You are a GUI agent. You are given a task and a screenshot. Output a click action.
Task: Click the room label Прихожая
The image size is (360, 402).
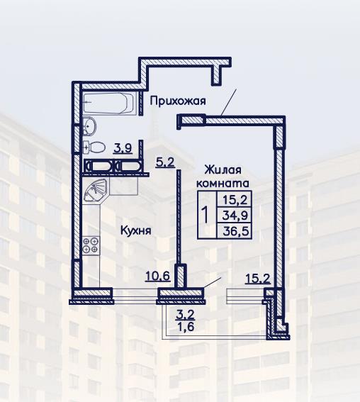point(178,101)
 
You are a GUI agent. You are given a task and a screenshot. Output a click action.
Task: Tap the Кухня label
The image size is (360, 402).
point(136,230)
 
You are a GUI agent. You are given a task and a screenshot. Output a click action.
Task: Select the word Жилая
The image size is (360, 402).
point(223,169)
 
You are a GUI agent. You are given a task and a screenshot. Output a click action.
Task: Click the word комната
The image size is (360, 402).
point(223,184)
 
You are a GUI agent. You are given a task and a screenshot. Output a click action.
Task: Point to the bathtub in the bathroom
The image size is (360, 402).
point(108,103)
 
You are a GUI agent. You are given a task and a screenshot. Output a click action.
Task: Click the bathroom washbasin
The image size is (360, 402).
point(89,125)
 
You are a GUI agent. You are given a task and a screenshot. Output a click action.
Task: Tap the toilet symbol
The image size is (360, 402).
point(94,147)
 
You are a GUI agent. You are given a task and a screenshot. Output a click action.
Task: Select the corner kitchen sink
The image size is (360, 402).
point(96,190)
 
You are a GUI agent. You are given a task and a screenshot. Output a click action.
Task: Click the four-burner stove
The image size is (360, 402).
point(91,245)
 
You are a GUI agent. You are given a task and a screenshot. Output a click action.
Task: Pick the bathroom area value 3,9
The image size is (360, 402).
point(123,148)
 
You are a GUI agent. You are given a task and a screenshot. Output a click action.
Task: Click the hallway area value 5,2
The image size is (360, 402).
point(165,162)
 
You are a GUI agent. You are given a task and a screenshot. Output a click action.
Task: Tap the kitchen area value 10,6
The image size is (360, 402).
point(158,276)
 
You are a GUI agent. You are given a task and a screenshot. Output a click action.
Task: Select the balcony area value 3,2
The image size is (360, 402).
point(185,315)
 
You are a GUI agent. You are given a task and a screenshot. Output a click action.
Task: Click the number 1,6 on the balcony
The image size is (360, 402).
point(185,326)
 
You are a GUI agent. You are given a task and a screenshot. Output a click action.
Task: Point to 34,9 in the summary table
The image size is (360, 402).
point(235,216)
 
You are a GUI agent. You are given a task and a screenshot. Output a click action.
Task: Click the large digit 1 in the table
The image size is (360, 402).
point(206,215)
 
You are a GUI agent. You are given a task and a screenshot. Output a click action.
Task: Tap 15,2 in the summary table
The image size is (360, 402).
point(235,199)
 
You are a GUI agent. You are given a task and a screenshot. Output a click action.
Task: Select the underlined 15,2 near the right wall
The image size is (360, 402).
point(258,279)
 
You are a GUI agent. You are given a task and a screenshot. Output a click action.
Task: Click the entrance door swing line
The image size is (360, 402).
point(229,102)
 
